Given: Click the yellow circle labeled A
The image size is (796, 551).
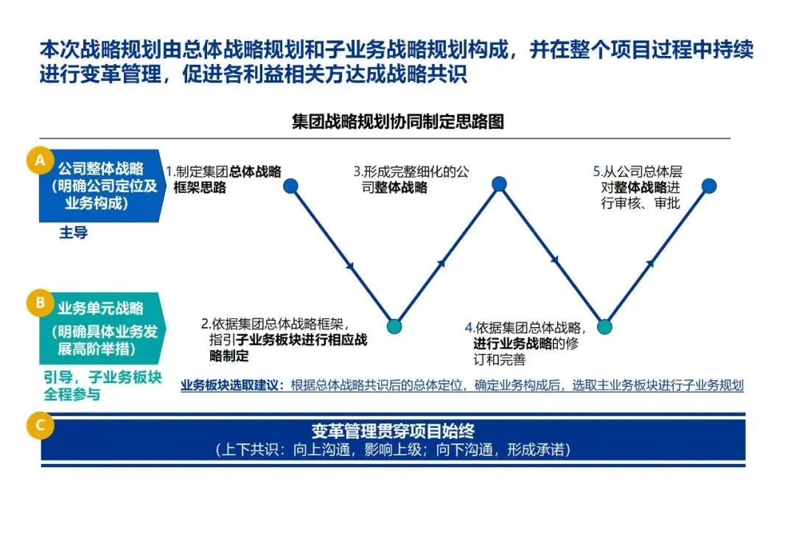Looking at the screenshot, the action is click(39, 161).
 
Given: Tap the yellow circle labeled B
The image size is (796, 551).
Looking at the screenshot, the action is click(39, 302).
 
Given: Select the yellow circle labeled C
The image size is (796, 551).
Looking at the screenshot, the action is click(39, 424).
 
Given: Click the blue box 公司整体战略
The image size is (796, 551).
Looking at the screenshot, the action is click(100, 184).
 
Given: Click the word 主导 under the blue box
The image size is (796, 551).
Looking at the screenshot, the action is click(73, 233).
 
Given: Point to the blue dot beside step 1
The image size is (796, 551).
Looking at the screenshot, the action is click(290, 186).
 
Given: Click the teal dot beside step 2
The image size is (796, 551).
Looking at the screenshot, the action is click(394, 326).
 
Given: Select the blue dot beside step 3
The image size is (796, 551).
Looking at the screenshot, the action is click(499, 184).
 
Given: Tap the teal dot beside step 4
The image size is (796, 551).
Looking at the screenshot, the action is click(604, 326).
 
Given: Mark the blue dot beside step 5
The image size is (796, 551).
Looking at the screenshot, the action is click(708, 186).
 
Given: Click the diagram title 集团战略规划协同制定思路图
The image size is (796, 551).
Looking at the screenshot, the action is click(398, 122).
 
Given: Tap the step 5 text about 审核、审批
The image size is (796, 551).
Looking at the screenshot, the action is click(638, 187).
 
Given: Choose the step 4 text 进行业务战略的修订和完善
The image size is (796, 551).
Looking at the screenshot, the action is click(524, 343).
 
